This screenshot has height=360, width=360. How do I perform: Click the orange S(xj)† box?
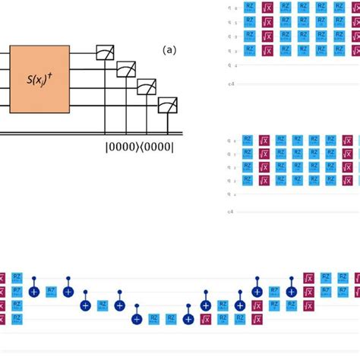[39, 79]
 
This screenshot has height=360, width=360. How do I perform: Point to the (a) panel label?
[169, 50]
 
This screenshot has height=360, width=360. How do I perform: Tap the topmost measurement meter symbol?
[105, 52]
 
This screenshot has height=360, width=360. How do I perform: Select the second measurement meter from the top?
[126, 70]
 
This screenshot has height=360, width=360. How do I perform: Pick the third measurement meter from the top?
[147, 87]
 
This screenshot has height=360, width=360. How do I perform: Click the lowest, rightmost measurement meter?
[167, 105]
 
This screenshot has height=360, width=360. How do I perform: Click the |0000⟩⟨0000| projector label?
[139, 147]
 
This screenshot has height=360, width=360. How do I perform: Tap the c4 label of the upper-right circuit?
[231, 84]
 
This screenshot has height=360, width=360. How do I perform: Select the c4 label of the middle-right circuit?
[231, 211]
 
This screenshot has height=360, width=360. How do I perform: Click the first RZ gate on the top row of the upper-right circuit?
[249, 8]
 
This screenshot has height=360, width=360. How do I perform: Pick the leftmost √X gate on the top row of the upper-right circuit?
[267, 8]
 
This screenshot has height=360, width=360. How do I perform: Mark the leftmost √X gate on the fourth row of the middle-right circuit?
[264, 181]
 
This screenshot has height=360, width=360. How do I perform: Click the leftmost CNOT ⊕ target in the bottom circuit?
[34, 291]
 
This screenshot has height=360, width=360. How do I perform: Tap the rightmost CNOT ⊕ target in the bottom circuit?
[292, 291]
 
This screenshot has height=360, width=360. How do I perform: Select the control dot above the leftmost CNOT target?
[34, 279]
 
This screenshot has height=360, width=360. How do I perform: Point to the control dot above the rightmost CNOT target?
[292, 279]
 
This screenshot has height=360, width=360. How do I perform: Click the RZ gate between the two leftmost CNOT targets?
[51, 291]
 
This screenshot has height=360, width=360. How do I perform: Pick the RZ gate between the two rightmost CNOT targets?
[274, 291]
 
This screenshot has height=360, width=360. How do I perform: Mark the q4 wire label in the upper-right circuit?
[230, 65]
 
